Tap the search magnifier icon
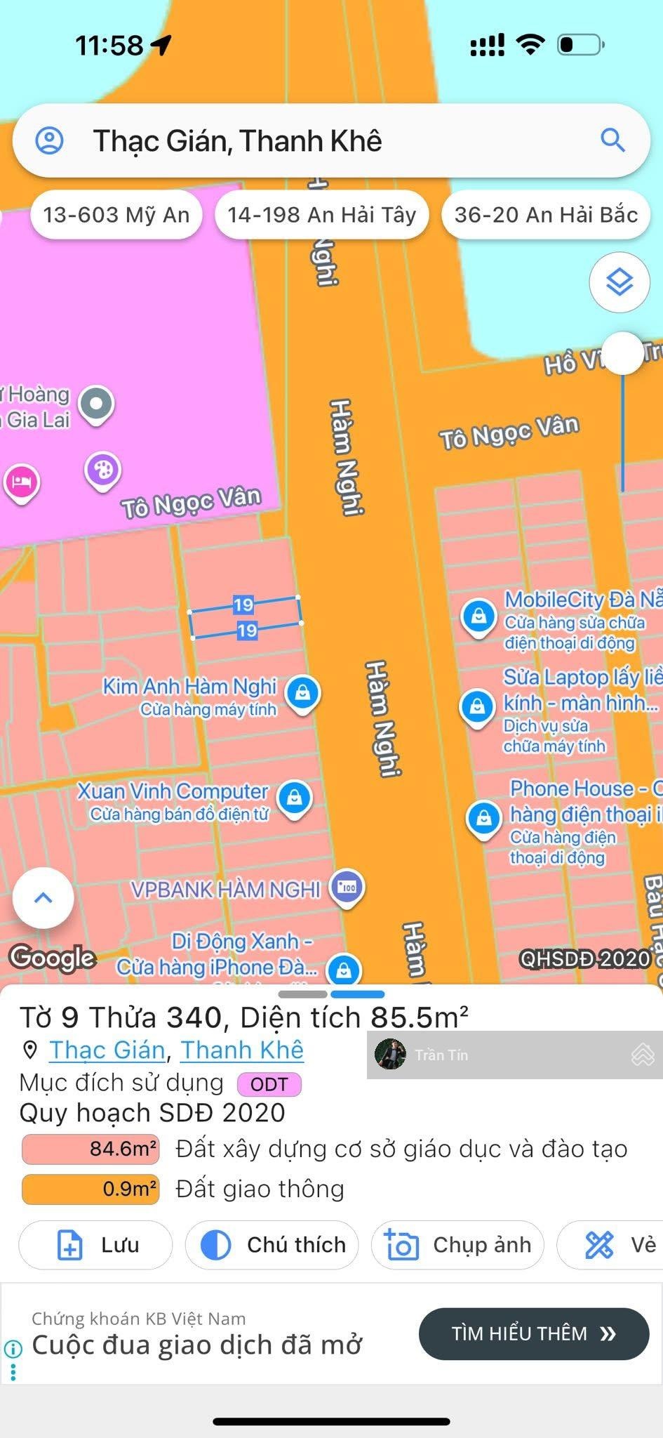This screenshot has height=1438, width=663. (x=612, y=140)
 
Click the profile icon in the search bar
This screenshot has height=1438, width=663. (x=50, y=140)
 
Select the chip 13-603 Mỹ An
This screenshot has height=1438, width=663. (x=116, y=215)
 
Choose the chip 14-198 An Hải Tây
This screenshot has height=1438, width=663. (x=322, y=215)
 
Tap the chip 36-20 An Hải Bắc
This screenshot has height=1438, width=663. (x=546, y=215)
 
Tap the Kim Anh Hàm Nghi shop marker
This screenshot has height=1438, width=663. (x=303, y=692)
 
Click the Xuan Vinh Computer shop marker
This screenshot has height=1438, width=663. (x=295, y=798)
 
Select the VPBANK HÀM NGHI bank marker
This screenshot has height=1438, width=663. (x=347, y=888)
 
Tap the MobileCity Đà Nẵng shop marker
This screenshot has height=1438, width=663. (x=479, y=616)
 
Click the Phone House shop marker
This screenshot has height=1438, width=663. (x=483, y=817)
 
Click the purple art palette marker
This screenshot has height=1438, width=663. (x=103, y=470)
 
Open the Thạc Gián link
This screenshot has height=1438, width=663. (x=107, y=1050)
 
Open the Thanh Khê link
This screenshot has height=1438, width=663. (x=242, y=1050)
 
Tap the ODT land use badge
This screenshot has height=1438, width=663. (x=269, y=1085)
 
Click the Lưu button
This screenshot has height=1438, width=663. (x=95, y=1245)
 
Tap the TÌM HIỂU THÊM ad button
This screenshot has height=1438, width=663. (x=534, y=1333)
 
